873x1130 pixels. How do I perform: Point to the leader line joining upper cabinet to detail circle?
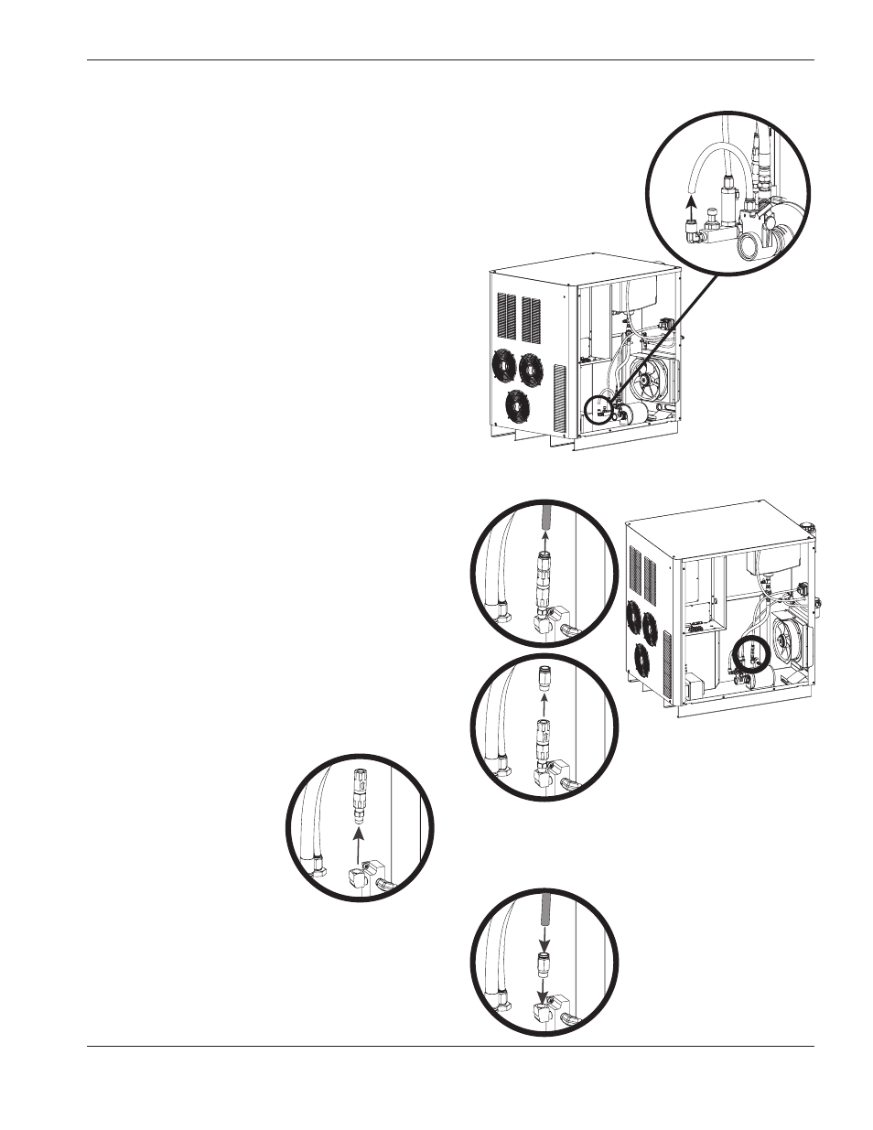[660, 335]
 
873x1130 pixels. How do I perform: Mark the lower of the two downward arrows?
[543, 992]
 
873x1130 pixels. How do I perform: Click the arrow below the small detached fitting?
[544, 705]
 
